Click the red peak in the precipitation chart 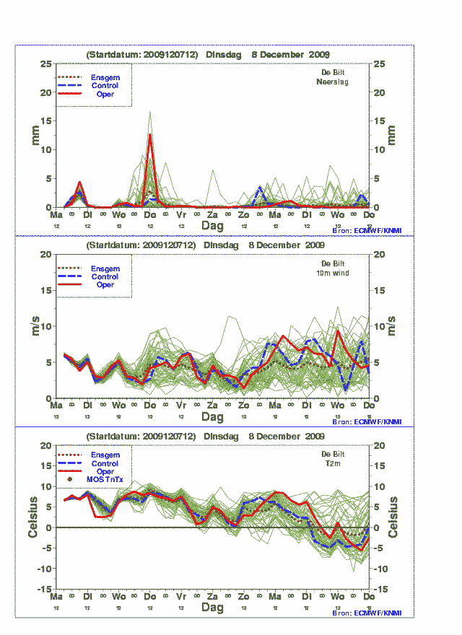pyautogui.click(x=150, y=136)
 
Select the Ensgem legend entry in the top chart pyautogui.click(x=105, y=77)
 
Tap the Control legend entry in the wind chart pyautogui.click(x=105, y=276)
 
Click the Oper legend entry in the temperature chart pyautogui.click(x=105, y=471)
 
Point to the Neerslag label pyautogui.click(x=332, y=82)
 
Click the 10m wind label pyautogui.click(x=332, y=273)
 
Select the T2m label pyautogui.click(x=333, y=463)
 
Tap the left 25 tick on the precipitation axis pyautogui.click(x=45, y=63)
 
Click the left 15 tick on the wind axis pyautogui.click(x=45, y=290)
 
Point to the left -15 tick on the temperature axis pyautogui.click(x=43, y=590)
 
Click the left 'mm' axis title pyautogui.click(x=35, y=135)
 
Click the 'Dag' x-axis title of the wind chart pyautogui.click(x=212, y=417)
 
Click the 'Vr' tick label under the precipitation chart pyautogui.click(x=181, y=215)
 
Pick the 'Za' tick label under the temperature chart pyautogui.click(x=212, y=597)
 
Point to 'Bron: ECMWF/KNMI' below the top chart pyautogui.click(x=367, y=230)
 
